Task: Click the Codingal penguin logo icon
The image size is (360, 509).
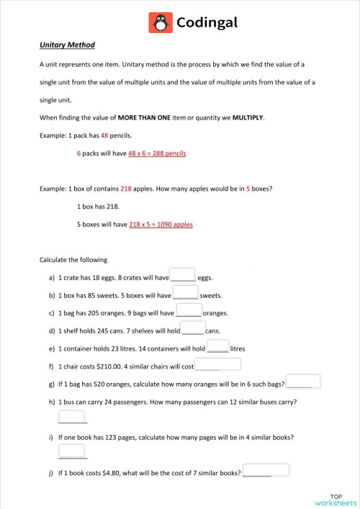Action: coord(161,23)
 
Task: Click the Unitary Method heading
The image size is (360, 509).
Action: coord(68,45)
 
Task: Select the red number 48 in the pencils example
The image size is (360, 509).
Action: coord(104,135)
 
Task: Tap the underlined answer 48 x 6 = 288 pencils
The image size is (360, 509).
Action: coord(157,153)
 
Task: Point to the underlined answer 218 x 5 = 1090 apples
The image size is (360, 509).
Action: coord(161,224)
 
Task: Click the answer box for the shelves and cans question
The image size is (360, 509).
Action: coord(193,329)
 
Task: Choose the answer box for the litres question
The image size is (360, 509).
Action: coord(217,346)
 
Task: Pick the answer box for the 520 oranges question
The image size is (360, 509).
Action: coord(303,382)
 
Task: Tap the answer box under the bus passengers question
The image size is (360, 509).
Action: coord(72,417)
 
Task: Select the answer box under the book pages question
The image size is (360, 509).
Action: coord(72,451)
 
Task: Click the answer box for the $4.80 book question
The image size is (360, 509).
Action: coord(266,470)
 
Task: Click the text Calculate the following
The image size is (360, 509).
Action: coord(73,259)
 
